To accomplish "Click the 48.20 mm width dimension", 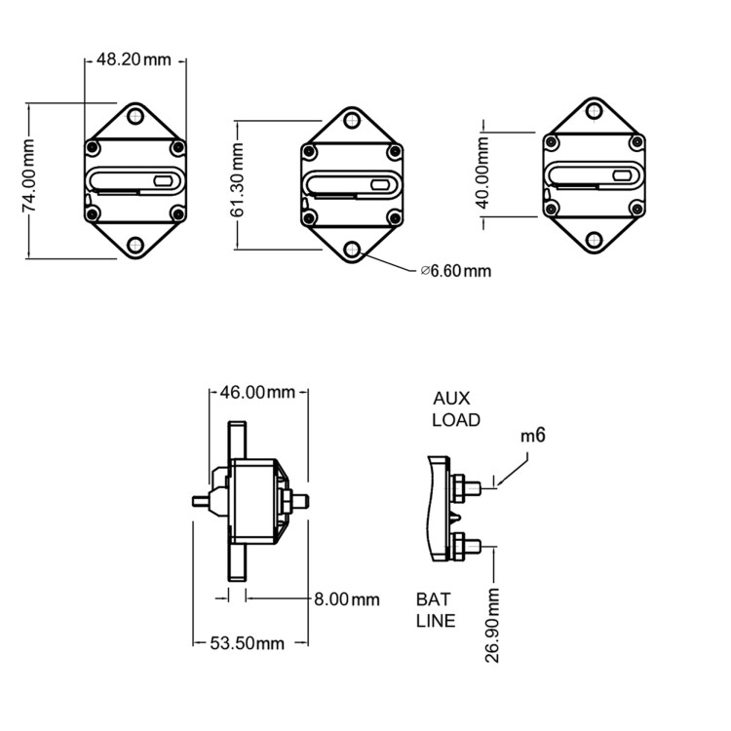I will click(x=135, y=59).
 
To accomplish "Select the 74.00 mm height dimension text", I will click(x=29, y=175).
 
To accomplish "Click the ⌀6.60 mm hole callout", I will click(x=456, y=270).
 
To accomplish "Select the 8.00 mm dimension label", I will click(x=347, y=598).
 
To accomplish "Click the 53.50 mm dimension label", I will click(x=248, y=642).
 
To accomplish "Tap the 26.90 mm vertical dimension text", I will click(x=493, y=625).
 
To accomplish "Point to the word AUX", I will click(x=452, y=400).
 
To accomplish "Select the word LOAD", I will click(x=456, y=420).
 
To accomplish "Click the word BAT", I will click(x=433, y=598).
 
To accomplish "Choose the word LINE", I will click(x=436, y=620).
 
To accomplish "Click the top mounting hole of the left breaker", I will click(x=135, y=118).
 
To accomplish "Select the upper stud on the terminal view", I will click(x=475, y=484).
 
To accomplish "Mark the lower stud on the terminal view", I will click(x=475, y=544).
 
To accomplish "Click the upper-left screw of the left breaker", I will click(x=93, y=148).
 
